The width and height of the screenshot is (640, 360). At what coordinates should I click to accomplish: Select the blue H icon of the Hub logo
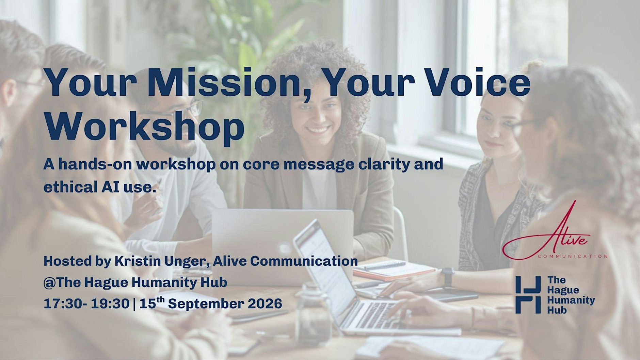[x=528, y=295]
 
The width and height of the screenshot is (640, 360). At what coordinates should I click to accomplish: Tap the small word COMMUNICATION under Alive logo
[x=573, y=256]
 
